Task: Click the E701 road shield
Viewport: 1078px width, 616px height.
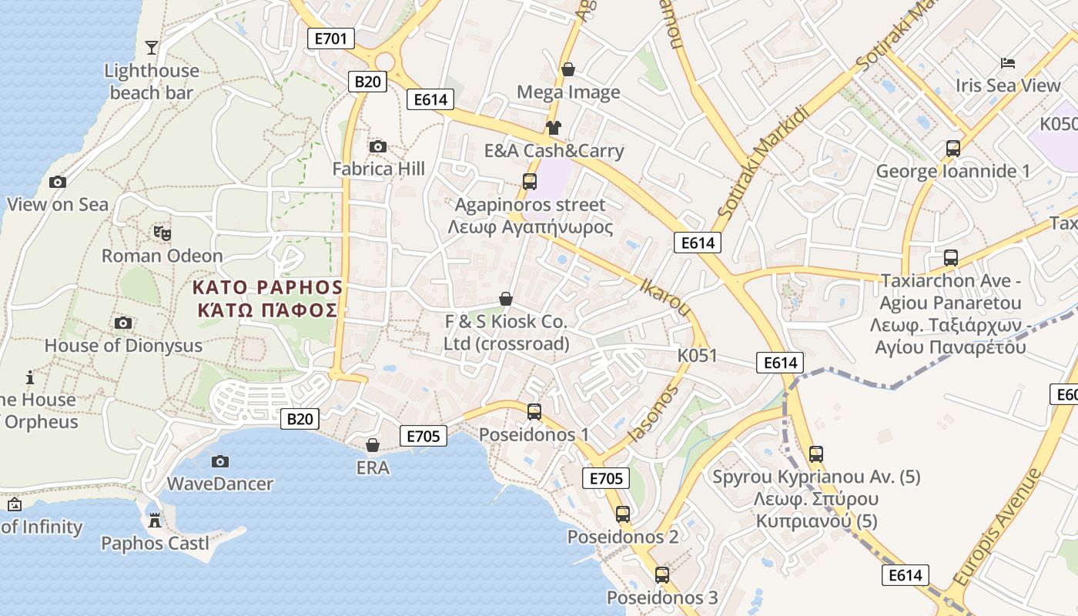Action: click(330, 38)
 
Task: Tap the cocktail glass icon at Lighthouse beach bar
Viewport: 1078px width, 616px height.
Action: click(152, 48)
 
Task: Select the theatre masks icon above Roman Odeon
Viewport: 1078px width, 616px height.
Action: click(162, 233)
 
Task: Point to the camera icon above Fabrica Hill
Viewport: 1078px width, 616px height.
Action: click(377, 146)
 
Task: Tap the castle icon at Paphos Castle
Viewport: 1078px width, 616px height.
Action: click(155, 521)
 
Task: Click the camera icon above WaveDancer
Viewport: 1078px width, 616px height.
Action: click(220, 461)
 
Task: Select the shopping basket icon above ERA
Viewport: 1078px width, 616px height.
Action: click(373, 445)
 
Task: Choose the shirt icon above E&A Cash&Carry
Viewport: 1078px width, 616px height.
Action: click(553, 128)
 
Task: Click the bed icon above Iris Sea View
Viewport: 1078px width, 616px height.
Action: click(1008, 62)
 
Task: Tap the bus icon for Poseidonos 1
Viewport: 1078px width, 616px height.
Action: click(534, 412)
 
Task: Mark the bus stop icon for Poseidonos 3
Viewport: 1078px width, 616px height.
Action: click(661, 574)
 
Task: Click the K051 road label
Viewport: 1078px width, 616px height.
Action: click(697, 356)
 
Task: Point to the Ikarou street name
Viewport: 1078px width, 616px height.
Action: click(665, 296)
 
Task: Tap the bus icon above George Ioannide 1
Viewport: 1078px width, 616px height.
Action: click(952, 149)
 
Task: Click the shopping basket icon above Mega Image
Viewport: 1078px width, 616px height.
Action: click(568, 69)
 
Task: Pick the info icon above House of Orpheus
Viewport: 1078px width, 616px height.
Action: click(30, 377)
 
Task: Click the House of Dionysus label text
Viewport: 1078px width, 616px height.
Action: click(123, 346)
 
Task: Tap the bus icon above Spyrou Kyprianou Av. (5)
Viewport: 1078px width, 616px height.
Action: click(815, 454)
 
